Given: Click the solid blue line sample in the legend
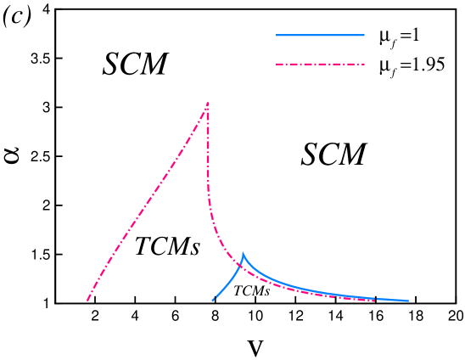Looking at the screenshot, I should [x=320, y=35].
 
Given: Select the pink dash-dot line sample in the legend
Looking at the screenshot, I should [x=320, y=64].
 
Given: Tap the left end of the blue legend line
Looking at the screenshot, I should [x=277, y=35].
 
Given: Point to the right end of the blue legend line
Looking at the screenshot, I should [x=364, y=35].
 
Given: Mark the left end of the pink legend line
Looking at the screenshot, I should [x=277, y=64].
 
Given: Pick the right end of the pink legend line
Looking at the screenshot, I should [x=364, y=64].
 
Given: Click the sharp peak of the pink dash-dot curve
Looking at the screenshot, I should [x=208, y=103].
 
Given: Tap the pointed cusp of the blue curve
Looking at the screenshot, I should [x=243, y=253].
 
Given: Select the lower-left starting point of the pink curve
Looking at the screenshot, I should [x=87, y=301].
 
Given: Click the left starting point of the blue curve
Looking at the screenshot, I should [x=212, y=301].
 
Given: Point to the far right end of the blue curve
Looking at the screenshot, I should [x=408, y=301].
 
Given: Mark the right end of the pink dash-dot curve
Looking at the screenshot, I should [x=374, y=300].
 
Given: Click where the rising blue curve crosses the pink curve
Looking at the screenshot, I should [x=238, y=267].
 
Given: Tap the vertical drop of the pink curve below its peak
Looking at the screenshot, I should [x=208, y=161].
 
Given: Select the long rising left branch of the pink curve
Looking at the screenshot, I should [x=148, y=199].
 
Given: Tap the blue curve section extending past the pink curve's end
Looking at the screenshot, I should [x=392, y=300].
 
